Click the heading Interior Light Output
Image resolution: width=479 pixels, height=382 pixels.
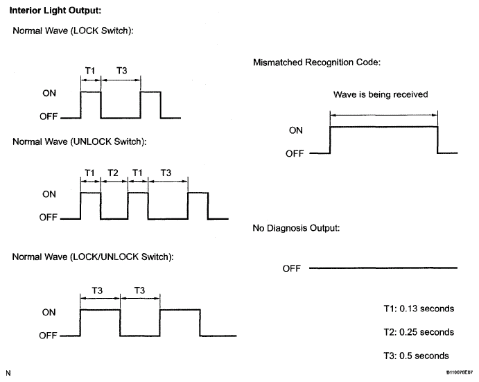pos(55,10)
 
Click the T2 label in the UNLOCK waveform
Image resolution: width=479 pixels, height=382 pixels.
pos(113,173)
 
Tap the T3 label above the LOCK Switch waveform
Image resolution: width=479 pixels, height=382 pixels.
pos(121,71)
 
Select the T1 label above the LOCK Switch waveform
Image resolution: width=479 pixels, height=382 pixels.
pos(90,71)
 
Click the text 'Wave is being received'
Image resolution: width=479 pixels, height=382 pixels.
pos(381,94)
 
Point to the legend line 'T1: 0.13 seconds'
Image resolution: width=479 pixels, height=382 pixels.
pos(419,309)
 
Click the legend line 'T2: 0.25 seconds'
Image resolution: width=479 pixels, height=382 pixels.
pos(419,332)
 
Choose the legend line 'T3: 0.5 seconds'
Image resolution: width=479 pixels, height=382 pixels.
pos(416,356)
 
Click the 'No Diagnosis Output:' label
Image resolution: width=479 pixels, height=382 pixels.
pos(296,228)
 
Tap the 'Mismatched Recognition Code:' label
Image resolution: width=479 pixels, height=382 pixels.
pos(317,62)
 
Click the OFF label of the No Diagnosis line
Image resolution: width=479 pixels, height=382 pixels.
pos(291,268)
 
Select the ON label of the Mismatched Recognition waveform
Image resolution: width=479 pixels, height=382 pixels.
pos(296,130)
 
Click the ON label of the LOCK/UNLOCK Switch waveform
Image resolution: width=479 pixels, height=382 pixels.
pos(49,312)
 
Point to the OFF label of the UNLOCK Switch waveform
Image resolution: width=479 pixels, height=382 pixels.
pos(49,217)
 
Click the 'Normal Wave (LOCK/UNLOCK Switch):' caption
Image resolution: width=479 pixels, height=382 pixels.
pos(93,257)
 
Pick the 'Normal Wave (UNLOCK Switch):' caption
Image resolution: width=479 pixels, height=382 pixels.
pos(80,142)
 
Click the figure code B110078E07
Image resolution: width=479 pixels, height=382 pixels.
pos(459,372)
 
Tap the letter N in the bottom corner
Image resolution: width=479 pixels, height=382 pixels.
pos(8,373)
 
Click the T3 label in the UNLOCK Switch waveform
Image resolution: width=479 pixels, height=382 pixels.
pos(166,173)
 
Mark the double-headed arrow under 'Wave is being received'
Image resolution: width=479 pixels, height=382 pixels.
pos(384,115)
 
